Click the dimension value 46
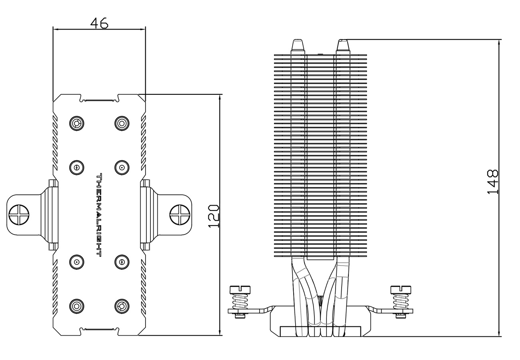tap(99, 23)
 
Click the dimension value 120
tap(214, 216)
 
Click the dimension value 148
tap(492, 182)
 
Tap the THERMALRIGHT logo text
tap(99, 215)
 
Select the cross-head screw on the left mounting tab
tap(19, 215)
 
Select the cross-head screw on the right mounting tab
tap(180, 215)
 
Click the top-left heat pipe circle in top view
tap(77, 123)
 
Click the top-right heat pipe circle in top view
tap(122, 123)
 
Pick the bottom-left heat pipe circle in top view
tap(77, 306)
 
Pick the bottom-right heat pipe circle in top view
tap(122, 306)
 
